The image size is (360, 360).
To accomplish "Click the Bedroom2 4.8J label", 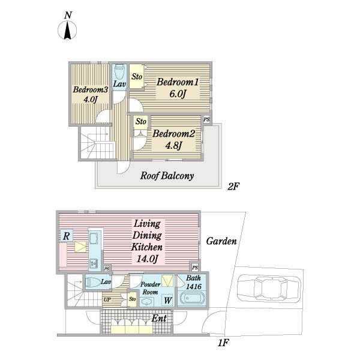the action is pos(174,139).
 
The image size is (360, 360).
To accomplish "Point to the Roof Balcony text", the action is pos(167,176).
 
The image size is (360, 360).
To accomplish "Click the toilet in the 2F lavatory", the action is pos(119,72).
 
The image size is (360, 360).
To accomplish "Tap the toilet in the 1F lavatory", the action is pos(93,281).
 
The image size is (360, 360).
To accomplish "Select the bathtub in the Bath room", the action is pos(191,298).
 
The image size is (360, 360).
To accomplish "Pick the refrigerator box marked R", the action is pos(67,236).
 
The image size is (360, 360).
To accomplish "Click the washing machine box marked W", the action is pos(167,300).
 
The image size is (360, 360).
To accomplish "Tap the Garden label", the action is pos(221,241).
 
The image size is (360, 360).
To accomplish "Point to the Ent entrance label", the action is pos(160,318).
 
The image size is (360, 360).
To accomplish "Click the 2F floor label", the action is pos(233,187).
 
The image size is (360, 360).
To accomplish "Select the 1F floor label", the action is pos(223,343).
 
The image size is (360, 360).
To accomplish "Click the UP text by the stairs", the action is pos(107,299).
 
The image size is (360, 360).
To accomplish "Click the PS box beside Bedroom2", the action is pos(207,119).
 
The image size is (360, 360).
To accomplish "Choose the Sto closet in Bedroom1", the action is pos(136,76).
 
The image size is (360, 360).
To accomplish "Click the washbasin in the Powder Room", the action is pos(146,302).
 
